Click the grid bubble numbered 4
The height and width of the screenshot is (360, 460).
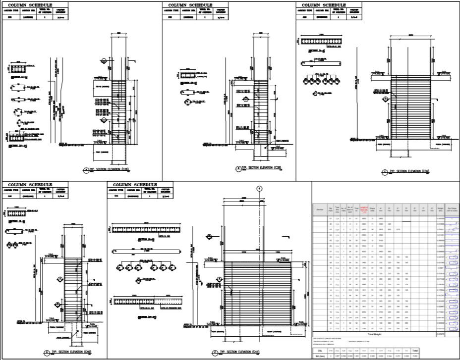tap(259, 188)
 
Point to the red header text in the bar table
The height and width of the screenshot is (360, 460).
tap(364, 209)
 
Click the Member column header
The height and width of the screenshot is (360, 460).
tap(320, 209)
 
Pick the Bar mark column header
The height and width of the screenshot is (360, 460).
tap(331, 209)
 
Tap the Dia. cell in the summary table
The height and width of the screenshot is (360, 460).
tap(319, 349)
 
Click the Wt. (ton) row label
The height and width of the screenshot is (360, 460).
tap(319, 356)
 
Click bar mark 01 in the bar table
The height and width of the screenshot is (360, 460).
tap(331, 218)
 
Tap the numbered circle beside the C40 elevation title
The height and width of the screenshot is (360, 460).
tap(47, 353)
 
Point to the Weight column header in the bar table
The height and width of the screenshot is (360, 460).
tap(441, 209)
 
